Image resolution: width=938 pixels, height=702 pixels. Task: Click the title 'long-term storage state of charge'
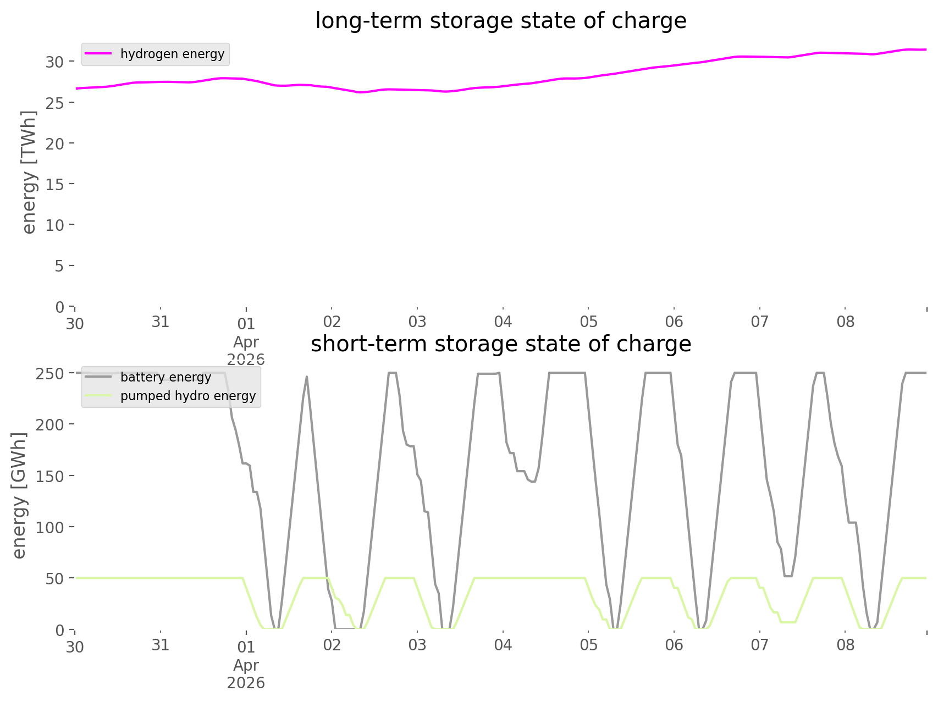click(x=500, y=21)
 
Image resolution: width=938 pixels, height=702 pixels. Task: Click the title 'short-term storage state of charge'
click(x=500, y=344)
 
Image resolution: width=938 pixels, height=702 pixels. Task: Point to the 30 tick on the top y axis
click(x=55, y=62)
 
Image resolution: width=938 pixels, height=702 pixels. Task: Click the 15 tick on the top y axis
click(x=55, y=184)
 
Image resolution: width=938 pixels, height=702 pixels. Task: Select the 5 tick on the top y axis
click(x=59, y=266)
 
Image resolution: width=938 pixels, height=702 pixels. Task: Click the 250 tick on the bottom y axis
click(x=50, y=374)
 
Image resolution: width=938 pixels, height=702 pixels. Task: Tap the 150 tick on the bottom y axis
click(x=50, y=476)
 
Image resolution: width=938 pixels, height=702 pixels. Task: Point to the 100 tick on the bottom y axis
click(x=50, y=527)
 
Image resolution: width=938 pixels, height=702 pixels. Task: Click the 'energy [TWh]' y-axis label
click(x=29, y=172)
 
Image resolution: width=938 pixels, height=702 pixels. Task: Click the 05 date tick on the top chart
click(x=588, y=322)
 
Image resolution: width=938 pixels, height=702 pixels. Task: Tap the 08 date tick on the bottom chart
click(x=845, y=645)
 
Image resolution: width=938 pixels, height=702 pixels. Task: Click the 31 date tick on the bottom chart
click(x=160, y=645)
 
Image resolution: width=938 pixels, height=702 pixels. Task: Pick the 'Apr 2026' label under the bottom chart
click(x=246, y=674)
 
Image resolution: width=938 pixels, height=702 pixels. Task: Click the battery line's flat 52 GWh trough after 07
click(x=788, y=576)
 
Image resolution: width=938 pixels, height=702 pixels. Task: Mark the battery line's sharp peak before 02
click(x=307, y=377)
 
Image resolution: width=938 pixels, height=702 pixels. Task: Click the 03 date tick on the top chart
click(x=417, y=322)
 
